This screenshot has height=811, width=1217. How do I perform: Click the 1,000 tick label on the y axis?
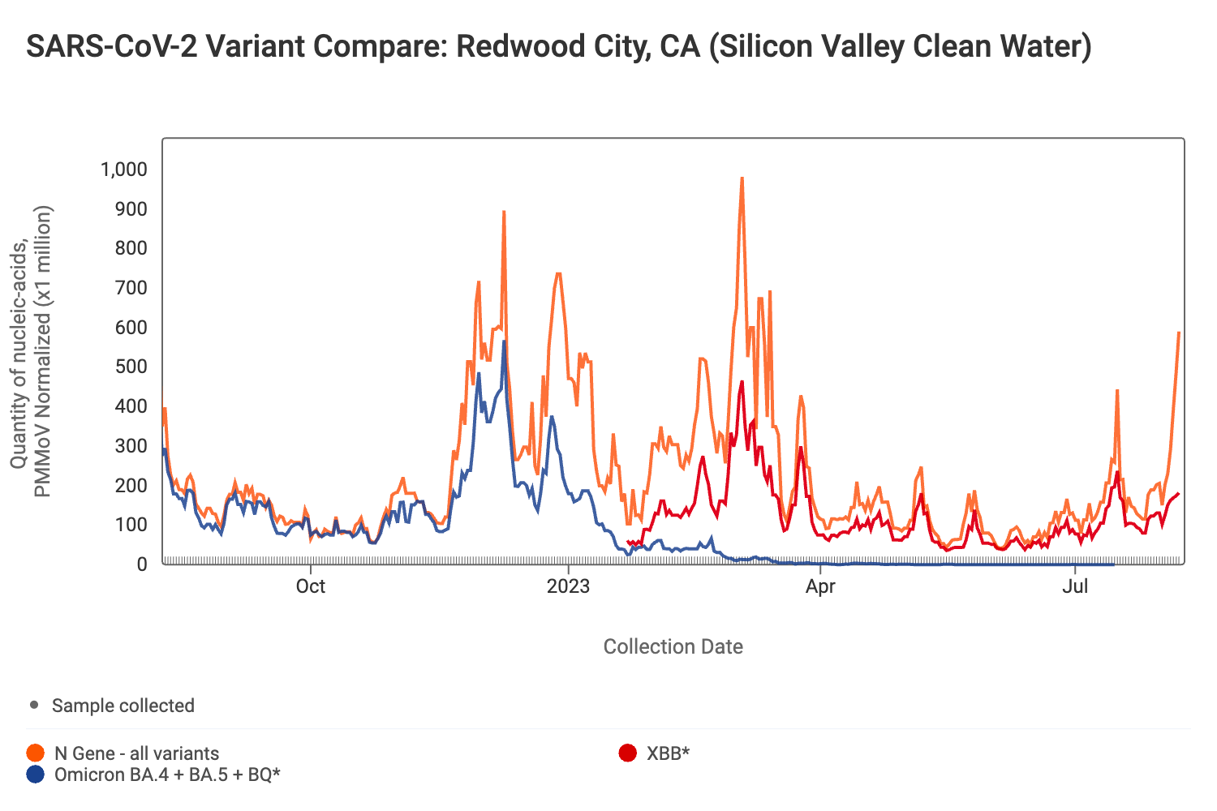click(x=123, y=169)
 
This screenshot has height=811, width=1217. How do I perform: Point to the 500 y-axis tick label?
click(x=131, y=367)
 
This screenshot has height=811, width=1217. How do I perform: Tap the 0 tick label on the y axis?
click(x=141, y=564)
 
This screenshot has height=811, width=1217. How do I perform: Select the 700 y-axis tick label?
click(x=131, y=288)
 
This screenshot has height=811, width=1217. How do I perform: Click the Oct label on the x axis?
click(x=310, y=586)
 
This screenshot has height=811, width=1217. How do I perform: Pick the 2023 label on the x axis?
click(x=568, y=586)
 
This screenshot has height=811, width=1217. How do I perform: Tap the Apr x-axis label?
click(x=820, y=586)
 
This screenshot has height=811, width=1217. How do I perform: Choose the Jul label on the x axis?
click(x=1075, y=586)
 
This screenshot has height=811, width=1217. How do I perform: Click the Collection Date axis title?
click(x=673, y=646)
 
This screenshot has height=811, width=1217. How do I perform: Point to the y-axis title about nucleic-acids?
click(x=31, y=350)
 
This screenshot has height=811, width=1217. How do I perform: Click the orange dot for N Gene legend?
click(x=36, y=753)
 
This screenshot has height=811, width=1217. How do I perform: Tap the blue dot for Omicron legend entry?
click(x=36, y=775)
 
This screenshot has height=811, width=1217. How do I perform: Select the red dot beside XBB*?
click(x=627, y=753)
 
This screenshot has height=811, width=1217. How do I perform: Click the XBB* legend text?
click(x=668, y=753)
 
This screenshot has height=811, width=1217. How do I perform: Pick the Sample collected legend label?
click(x=123, y=706)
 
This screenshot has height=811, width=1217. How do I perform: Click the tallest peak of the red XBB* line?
click(x=742, y=382)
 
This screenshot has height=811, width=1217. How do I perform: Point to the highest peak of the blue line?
click(x=504, y=342)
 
